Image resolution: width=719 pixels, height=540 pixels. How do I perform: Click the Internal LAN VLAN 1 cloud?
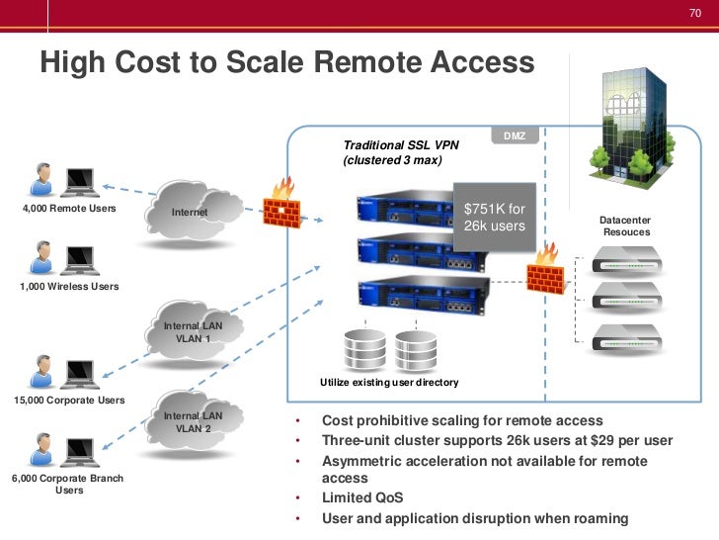pos(194,331)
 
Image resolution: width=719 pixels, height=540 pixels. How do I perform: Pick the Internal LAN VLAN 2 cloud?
pos(194,422)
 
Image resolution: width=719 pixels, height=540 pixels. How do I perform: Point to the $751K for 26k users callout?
pos(494,219)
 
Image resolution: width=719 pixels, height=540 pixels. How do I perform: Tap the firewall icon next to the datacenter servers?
pos(547,268)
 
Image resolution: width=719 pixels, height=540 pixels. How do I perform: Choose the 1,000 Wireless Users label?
pos(67,286)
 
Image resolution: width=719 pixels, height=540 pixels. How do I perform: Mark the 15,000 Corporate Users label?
pos(69,401)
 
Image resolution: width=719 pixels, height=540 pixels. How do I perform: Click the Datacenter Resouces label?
pos(625,225)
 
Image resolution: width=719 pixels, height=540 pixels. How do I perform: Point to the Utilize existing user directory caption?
pos(389,382)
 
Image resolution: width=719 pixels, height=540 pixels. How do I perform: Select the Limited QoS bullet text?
pos(362,497)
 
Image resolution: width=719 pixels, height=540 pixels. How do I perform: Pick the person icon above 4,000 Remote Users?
pos(41,179)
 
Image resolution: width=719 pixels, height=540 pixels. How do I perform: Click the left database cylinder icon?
pos(360,349)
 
